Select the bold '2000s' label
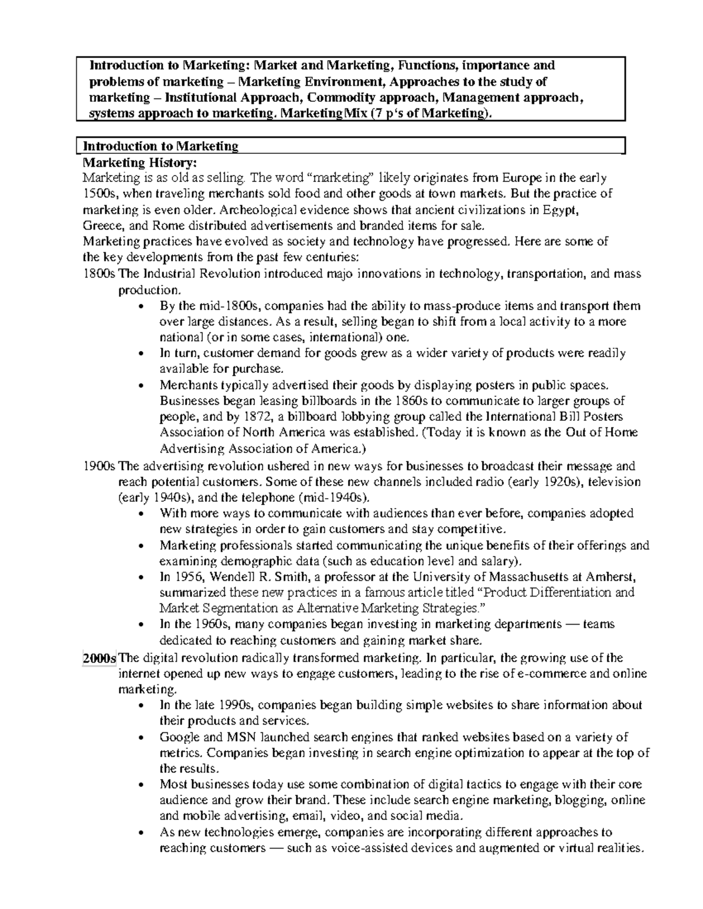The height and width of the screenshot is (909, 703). (x=100, y=657)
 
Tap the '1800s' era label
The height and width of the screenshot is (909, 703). (x=100, y=273)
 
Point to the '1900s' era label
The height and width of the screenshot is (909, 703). (x=100, y=466)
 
